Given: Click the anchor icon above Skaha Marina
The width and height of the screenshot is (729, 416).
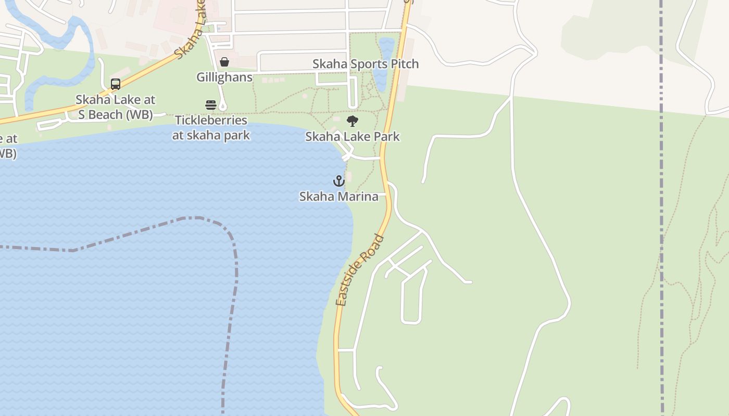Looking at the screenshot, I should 339,181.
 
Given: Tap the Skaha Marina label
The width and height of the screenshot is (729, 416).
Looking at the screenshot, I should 338,197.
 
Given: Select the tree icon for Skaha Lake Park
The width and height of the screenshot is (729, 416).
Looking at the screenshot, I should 353,121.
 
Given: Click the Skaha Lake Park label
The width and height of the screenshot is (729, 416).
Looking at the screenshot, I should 352,137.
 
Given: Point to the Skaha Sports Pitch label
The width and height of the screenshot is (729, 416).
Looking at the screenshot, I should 365,64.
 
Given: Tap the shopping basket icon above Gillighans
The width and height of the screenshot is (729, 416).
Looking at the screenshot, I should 224,62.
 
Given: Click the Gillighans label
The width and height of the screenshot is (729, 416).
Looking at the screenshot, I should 224,77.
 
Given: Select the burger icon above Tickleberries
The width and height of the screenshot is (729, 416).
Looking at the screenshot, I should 211,105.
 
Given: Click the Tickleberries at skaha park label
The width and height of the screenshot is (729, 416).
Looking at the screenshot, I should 211,128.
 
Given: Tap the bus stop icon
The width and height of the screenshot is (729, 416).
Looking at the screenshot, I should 116,84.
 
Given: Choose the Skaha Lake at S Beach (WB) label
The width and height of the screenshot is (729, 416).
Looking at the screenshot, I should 116,107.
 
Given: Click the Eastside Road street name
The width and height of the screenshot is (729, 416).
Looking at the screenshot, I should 360,271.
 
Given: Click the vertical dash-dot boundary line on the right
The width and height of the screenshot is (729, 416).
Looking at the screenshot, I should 661,208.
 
